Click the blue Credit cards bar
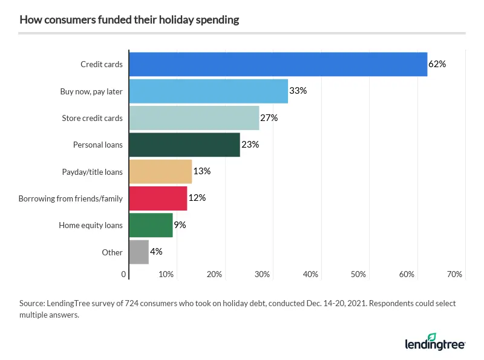[x=278, y=64]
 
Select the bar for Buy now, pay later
[x=209, y=91]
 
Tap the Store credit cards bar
[x=194, y=118]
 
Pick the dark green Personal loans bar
[x=185, y=145]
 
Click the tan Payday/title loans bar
[x=160, y=171]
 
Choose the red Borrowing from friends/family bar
[x=158, y=198]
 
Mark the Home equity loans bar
[x=151, y=225]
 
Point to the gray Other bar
[x=139, y=252]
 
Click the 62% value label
[x=437, y=64]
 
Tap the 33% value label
[x=298, y=91]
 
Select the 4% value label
[x=156, y=252]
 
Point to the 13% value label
[x=201, y=171]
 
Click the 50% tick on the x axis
[x=358, y=275]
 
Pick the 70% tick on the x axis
[x=454, y=275]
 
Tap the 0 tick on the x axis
[x=124, y=275]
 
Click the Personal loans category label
[x=97, y=145]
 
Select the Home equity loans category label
[x=91, y=226]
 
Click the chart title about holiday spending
[x=129, y=20]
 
